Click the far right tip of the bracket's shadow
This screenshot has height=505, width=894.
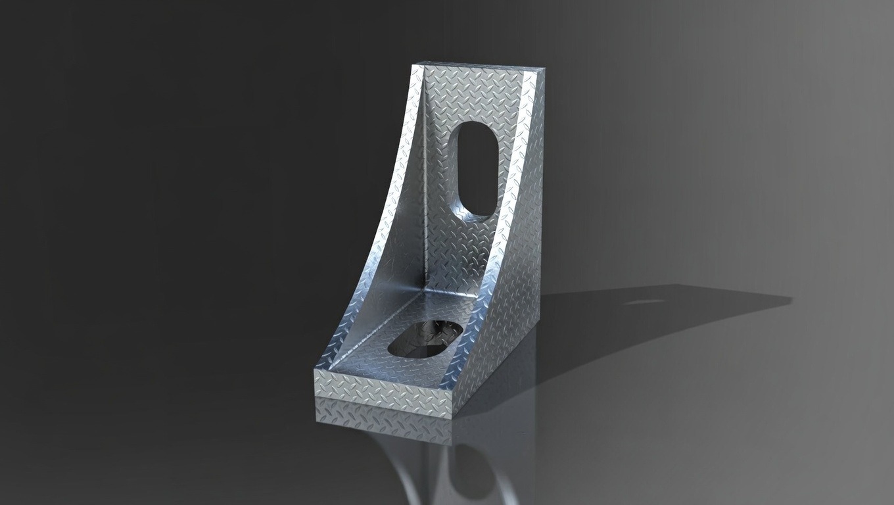tap(789, 299)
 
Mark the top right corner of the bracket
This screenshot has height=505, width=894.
tap(544, 68)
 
